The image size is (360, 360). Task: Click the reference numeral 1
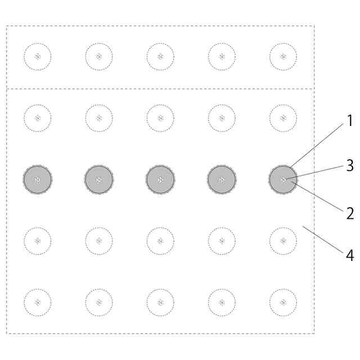(349, 120)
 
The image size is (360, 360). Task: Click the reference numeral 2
(349, 214)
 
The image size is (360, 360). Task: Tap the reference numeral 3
(350, 165)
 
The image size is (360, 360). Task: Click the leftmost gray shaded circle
(38, 179)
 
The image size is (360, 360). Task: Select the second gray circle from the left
(99, 179)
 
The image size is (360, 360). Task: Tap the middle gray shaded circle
(160, 179)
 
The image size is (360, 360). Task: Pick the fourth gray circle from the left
(222, 179)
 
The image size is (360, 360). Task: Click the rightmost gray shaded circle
(283, 179)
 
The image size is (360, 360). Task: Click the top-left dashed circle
(38, 56)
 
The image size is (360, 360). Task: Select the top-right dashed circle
(283, 56)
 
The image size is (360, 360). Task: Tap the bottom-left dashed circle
(38, 302)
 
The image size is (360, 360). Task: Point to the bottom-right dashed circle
(283, 302)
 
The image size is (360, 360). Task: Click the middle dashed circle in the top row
(160, 56)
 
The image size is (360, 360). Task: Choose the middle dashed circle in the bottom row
(160, 302)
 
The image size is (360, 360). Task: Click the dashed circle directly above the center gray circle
(160, 118)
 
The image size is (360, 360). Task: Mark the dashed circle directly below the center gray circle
(160, 241)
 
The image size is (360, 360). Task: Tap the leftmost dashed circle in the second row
(38, 118)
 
